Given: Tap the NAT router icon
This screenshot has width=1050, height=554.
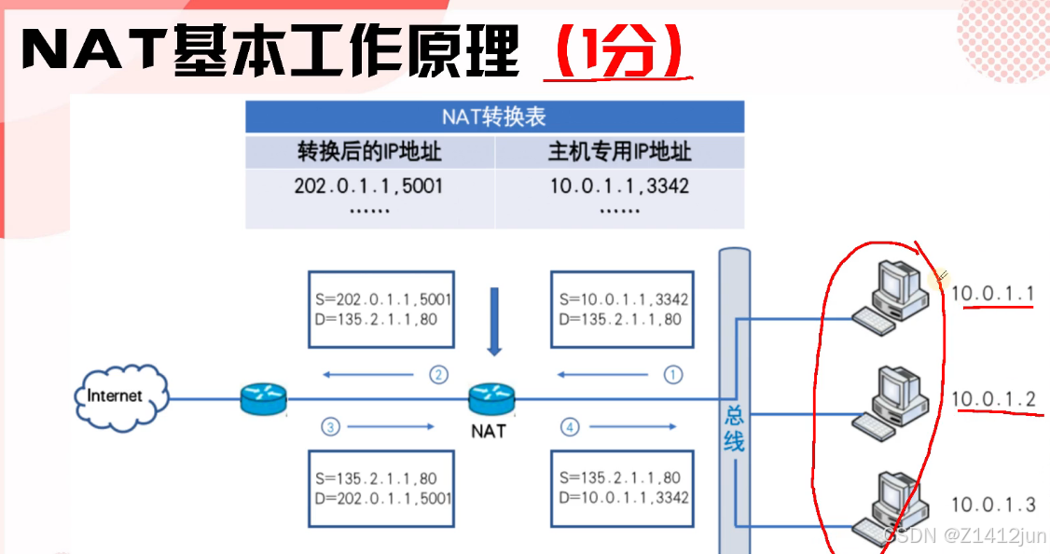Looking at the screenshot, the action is pos(491,399).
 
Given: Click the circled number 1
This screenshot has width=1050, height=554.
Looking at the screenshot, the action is pos(672,375).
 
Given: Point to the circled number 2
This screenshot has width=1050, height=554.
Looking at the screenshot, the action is pos(438,375).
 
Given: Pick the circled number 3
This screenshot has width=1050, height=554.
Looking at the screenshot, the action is pos(329,427).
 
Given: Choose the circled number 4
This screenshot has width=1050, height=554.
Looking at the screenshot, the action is pos(570,427).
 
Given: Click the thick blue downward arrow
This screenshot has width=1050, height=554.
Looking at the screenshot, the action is pos(494,321).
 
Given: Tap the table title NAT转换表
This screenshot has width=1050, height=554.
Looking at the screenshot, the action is pos(494,118).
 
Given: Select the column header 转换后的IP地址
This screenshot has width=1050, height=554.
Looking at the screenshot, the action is pos(369,152).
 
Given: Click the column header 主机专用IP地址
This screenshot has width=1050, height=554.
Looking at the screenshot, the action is pos(619,152).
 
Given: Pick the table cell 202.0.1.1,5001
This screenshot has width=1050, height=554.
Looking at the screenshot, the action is pos(369,186).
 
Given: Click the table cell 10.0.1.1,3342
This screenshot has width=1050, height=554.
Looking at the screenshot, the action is pos(619,186).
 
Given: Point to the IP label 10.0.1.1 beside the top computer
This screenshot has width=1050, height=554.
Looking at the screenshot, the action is pos(993,294).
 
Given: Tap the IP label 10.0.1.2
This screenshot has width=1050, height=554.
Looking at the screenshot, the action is pos(993,400).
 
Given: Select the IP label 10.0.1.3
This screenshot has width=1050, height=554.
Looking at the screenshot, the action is pos(993,505).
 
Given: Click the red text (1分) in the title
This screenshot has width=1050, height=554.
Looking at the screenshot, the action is pos(615,53).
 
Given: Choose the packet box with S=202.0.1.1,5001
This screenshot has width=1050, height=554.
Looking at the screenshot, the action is pos(381,310).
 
